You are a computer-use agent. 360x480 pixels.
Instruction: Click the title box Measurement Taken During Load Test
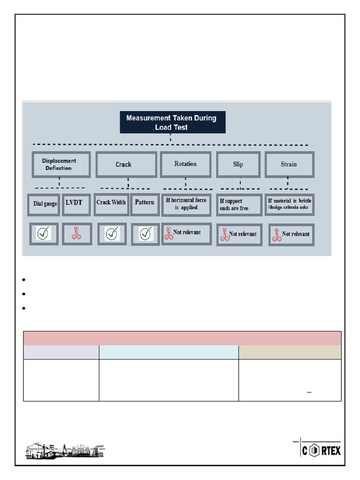click(172, 122)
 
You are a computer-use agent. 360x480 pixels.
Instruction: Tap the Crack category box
click(126, 165)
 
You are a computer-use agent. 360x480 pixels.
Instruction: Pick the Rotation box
click(185, 164)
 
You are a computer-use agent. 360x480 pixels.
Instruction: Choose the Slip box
click(238, 165)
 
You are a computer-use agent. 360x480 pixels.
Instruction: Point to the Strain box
click(289, 165)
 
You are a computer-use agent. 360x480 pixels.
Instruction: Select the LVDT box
click(73, 203)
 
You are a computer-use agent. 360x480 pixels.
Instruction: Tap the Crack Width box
click(111, 203)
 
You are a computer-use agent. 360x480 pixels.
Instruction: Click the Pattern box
click(144, 203)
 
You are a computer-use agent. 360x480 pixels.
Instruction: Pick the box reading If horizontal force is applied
click(186, 204)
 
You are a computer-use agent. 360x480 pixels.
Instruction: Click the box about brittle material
click(289, 204)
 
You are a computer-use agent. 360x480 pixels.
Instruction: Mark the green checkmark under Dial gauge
click(44, 233)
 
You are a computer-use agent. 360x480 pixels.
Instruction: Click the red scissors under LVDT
click(75, 233)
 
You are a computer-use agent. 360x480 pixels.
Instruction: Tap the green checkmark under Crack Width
click(112, 233)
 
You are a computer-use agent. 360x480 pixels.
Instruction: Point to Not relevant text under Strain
click(295, 234)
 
